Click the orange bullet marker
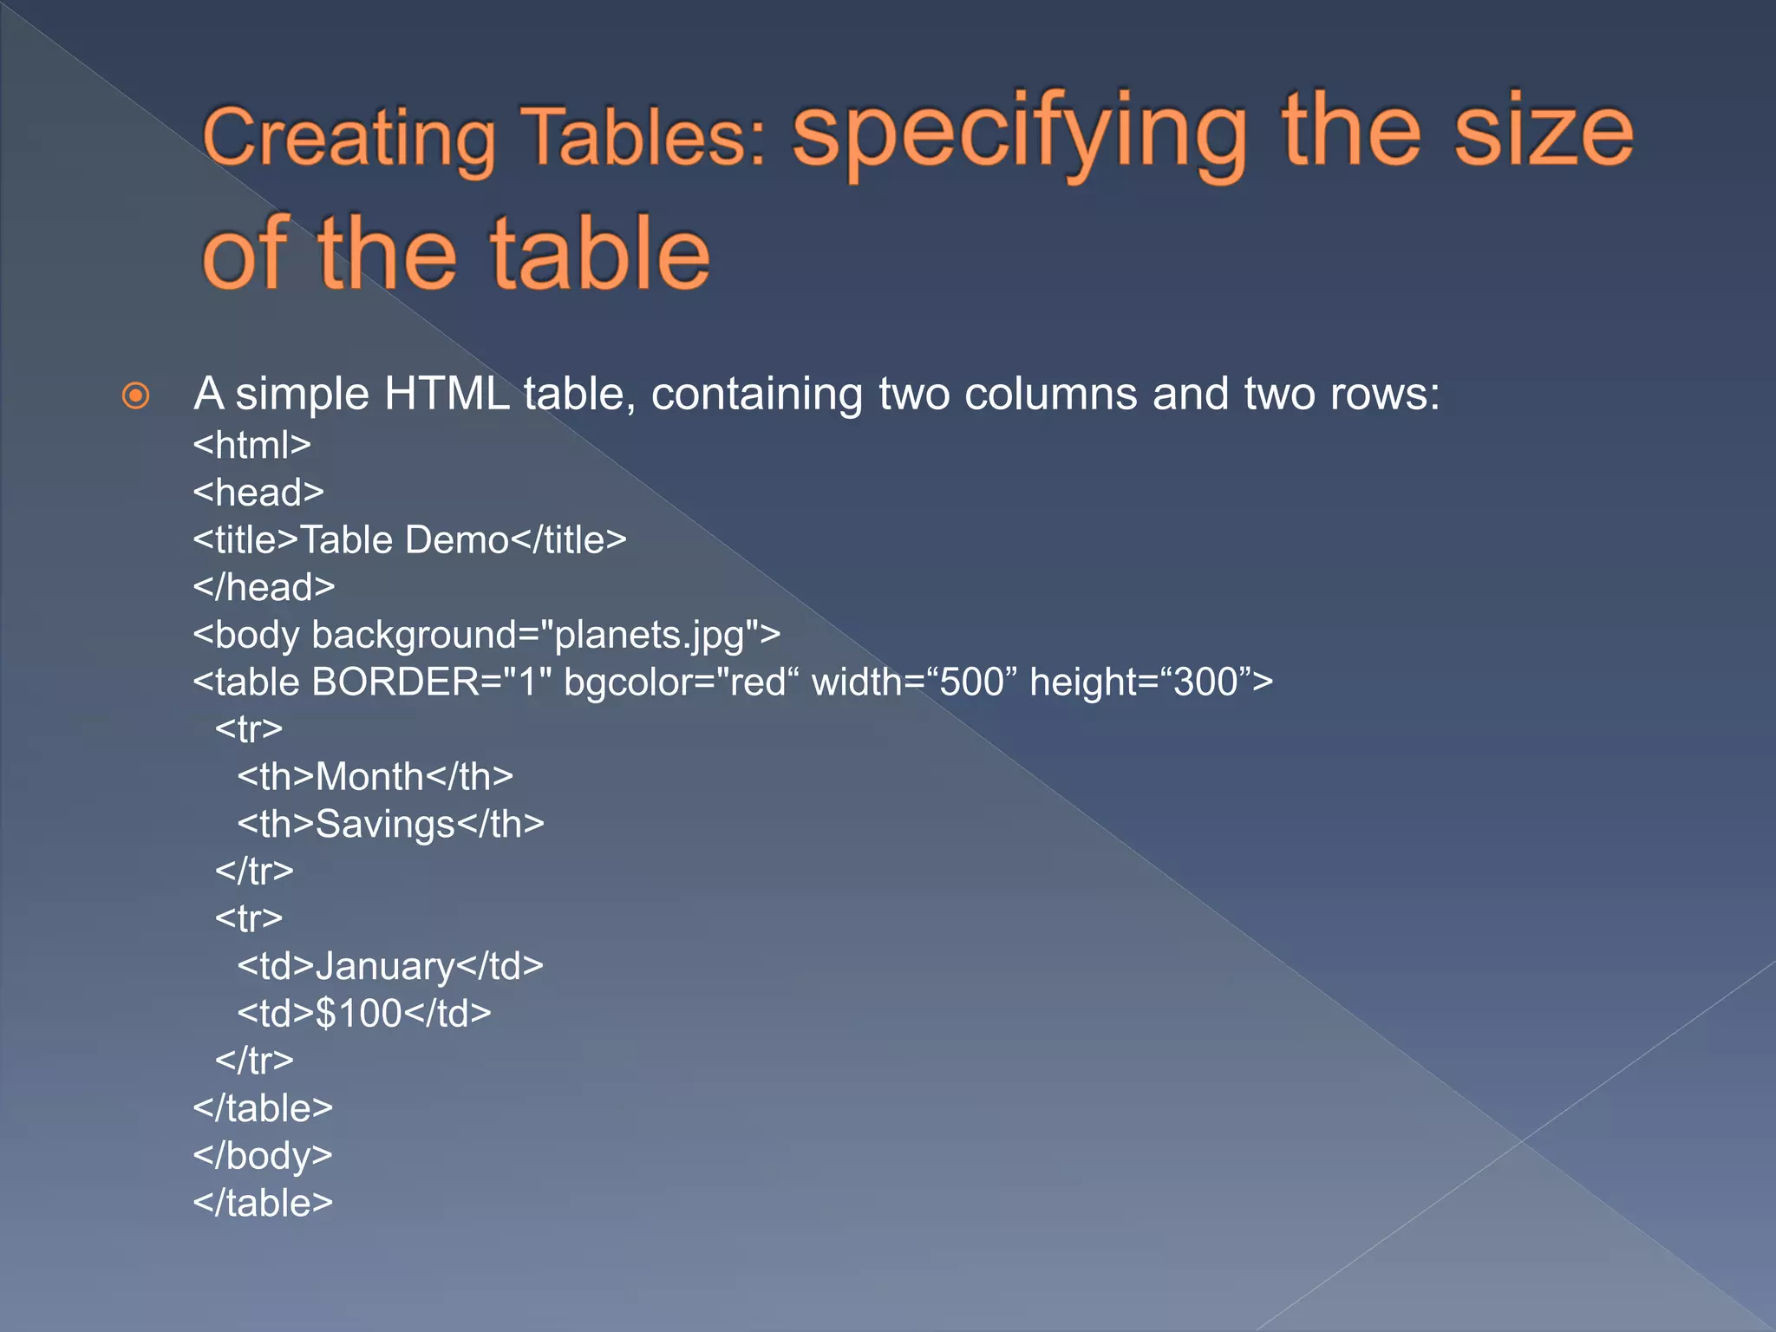tap(135, 396)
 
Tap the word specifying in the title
tap(1019, 134)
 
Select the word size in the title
tap(1543, 132)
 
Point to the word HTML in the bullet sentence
tap(447, 395)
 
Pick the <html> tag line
tap(251, 446)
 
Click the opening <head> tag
tap(258, 493)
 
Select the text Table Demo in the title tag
tap(404, 540)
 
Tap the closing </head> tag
tap(264, 588)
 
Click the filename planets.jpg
tap(649, 636)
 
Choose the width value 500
tap(972, 682)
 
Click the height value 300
tap(1205, 682)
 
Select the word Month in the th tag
tap(369, 777)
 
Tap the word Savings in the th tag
tap(385, 825)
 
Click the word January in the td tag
tap(385, 967)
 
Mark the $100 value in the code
tap(358, 1014)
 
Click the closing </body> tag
tap(263, 1156)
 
